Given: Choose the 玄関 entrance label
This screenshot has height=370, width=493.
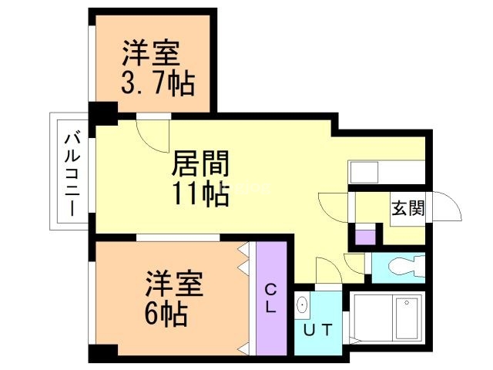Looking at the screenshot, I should [409, 208].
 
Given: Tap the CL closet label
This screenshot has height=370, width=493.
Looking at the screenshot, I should [272, 298].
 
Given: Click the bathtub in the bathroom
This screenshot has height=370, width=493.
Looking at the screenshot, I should [405, 317].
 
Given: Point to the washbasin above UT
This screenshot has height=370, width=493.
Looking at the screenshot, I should [302, 305].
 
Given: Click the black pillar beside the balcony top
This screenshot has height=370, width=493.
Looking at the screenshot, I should [102, 113].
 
